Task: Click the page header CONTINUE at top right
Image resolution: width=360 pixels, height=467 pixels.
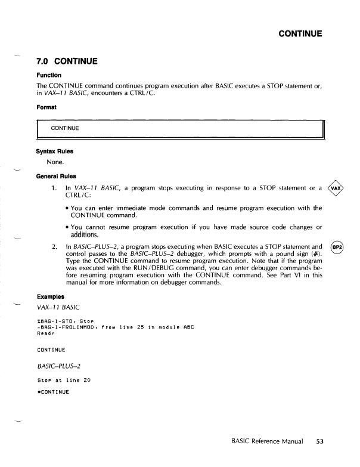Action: click(301, 33)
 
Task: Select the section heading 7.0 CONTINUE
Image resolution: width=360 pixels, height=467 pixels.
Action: click(67, 61)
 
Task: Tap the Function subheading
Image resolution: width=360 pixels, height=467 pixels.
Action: click(48, 75)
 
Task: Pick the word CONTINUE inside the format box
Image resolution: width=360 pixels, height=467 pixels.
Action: click(65, 128)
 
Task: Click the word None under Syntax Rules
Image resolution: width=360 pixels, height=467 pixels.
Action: click(55, 162)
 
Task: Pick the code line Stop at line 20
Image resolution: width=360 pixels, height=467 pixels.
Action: click(61, 379)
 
